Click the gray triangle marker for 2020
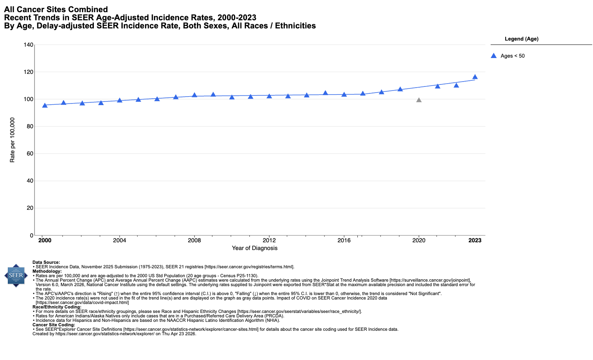(x=419, y=100)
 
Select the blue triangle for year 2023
(x=475, y=77)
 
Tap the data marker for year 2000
(x=45, y=106)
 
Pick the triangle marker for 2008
(x=194, y=95)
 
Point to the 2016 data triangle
(x=344, y=95)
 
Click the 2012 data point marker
(x=269, y=96)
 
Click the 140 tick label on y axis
(x=28, y=45)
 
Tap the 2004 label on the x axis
(x=119, y=240)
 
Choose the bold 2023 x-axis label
(x=475, y=240)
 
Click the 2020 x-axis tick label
(x=419, y=240)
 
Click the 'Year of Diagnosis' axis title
(x=255, y=248)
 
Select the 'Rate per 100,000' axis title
(x=12, y=140)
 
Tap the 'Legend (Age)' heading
(x=522, y=39)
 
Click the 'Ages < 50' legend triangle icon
(x=494, y=56)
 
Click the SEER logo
(x=16, y=276)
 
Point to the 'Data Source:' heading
(x=46, y=263)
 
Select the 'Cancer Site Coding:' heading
(x=54, y=325)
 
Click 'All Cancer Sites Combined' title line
(x=56, y=9)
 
